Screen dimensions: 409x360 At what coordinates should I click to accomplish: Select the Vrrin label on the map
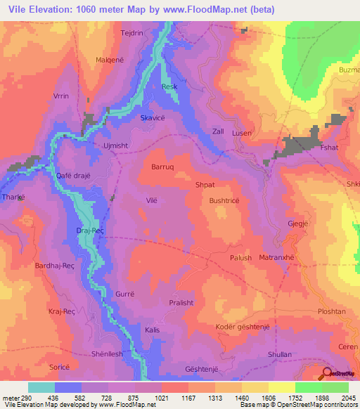pyautogui.click(x=61, y=96)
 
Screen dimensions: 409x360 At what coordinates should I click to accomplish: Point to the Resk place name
pyautogui.click(x=169, y=86)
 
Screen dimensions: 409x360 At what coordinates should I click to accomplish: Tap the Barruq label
pyautogui.click(x=163, y=167)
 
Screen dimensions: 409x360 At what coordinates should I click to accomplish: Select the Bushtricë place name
pyautogui.click(x=224, y=200)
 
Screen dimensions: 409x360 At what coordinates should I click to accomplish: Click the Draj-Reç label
pyautogui.click(x=89, y=231)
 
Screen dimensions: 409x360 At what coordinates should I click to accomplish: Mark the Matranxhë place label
pyautogui.click(x=279, y=258)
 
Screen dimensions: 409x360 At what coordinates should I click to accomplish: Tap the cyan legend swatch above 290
pyautogui.click(x=41, y=387)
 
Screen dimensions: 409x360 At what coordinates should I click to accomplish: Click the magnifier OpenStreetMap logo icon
pyautogui.click(x=328, y=375)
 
